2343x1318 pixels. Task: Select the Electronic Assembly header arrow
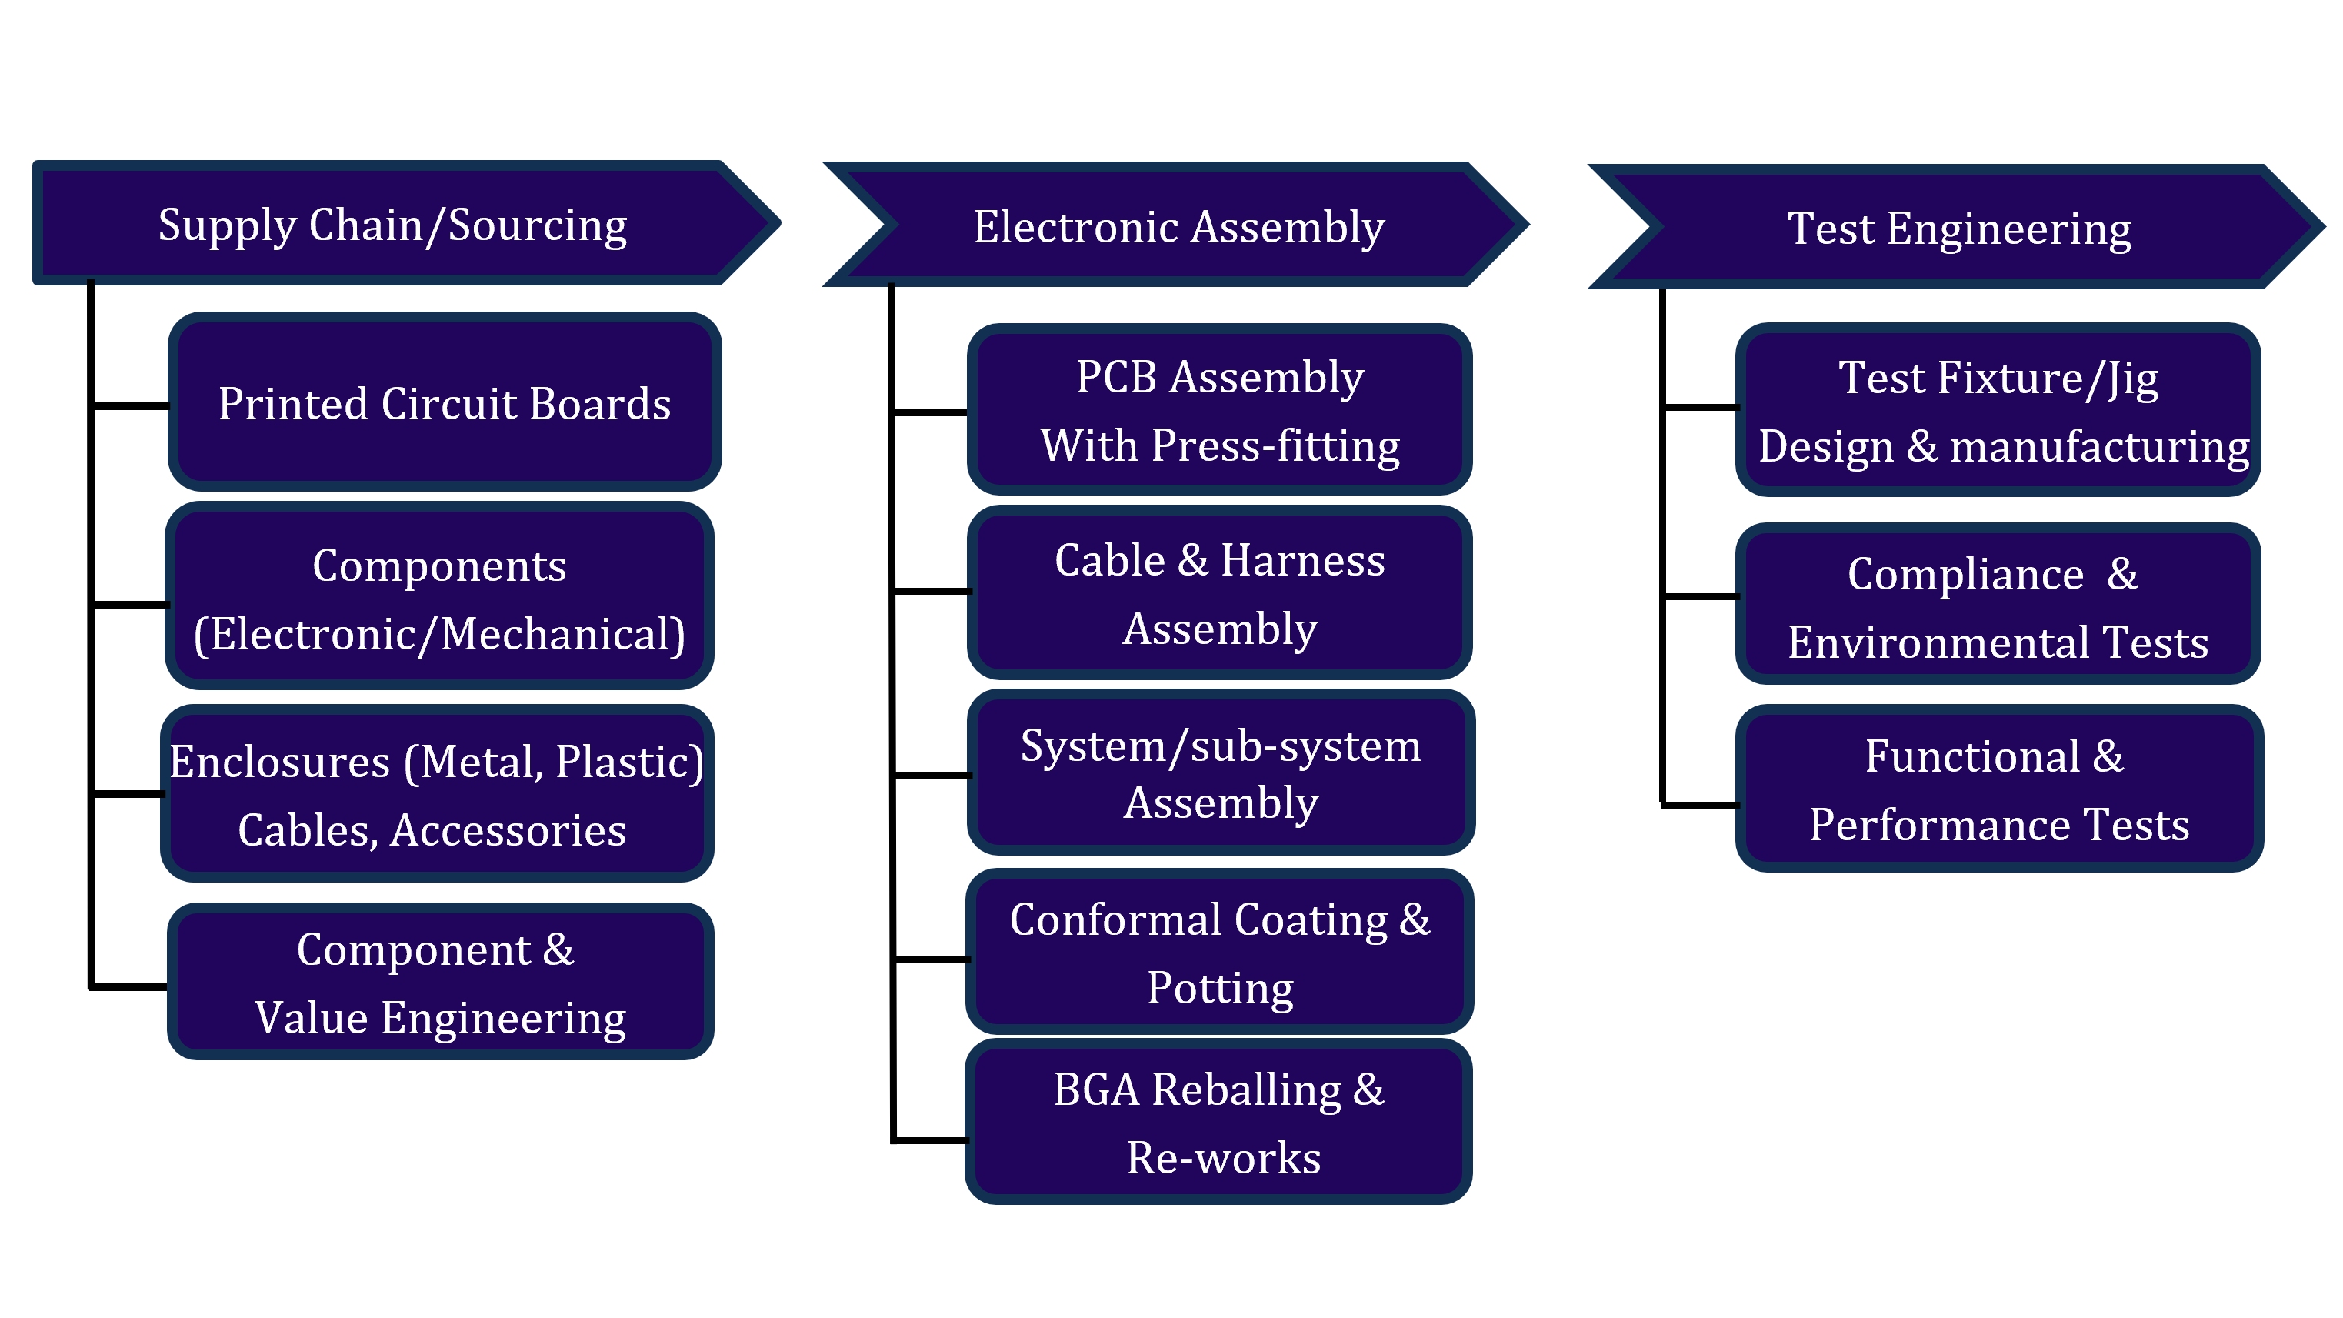point(1178,225)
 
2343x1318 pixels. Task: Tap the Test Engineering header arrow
point(1958,228)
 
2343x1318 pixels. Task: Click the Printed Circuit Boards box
point(444,403)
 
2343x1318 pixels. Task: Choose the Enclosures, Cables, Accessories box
point(437,794)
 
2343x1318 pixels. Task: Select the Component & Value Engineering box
point(440,983)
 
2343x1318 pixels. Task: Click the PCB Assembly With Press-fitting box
point(1220,410)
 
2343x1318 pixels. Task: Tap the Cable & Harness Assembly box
point(1220,593)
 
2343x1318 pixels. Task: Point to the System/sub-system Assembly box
point(1221,773)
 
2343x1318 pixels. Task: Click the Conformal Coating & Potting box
point(1220,953)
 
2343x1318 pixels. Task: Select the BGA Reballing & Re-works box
point(1218,1123)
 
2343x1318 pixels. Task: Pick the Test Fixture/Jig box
point(1998,411)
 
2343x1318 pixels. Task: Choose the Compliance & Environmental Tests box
point(1998,607)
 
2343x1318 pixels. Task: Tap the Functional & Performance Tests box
point(1998,789)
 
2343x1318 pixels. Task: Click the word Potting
point(1220,988)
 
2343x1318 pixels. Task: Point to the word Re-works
point(1223,1157)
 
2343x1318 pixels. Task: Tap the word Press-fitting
point(1275,445)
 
